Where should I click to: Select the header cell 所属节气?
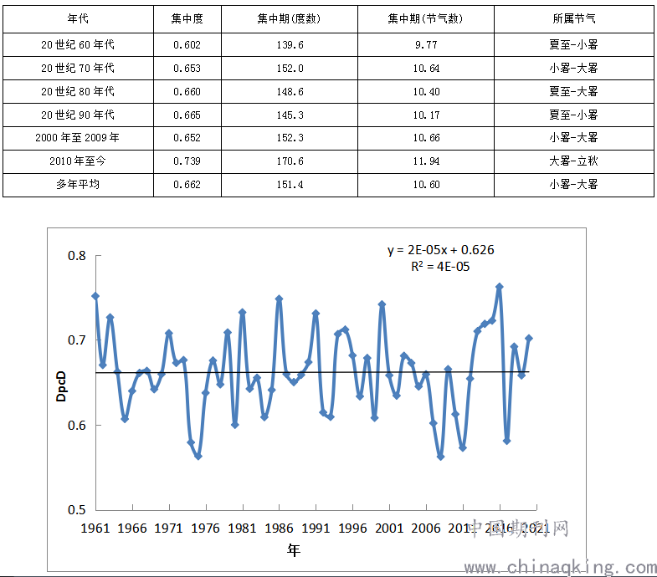(573, 18)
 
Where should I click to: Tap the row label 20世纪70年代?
(78, 68)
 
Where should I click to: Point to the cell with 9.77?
(425, 44)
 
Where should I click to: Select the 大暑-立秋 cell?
(573, 161)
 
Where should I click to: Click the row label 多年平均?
(78, 185)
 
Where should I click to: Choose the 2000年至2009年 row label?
(78, 138)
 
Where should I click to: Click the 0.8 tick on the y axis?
(77, 256)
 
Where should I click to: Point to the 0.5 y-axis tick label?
(77, 509)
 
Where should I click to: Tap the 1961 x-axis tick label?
(96, 528)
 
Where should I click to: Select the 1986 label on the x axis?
(280, 528)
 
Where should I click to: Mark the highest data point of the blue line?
(500, 287)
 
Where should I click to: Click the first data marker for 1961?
(95, 296)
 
